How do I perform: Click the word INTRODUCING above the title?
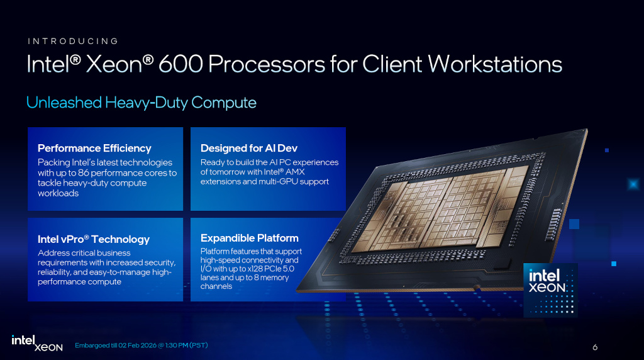coord(73,42)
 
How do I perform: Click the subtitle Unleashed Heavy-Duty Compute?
coord(142,103)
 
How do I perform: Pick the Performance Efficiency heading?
coord(94,149)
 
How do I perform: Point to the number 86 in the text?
coord(99,173)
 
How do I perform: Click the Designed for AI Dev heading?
coord(248,149)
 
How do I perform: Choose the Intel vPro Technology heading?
coord(94,239)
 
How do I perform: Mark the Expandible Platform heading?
coord(250,238)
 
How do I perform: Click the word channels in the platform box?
coord(216,286)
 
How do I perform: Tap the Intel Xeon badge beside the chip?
coord(550,290)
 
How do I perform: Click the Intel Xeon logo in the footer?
coord(37,343)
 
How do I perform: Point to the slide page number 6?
coord(595,347)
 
